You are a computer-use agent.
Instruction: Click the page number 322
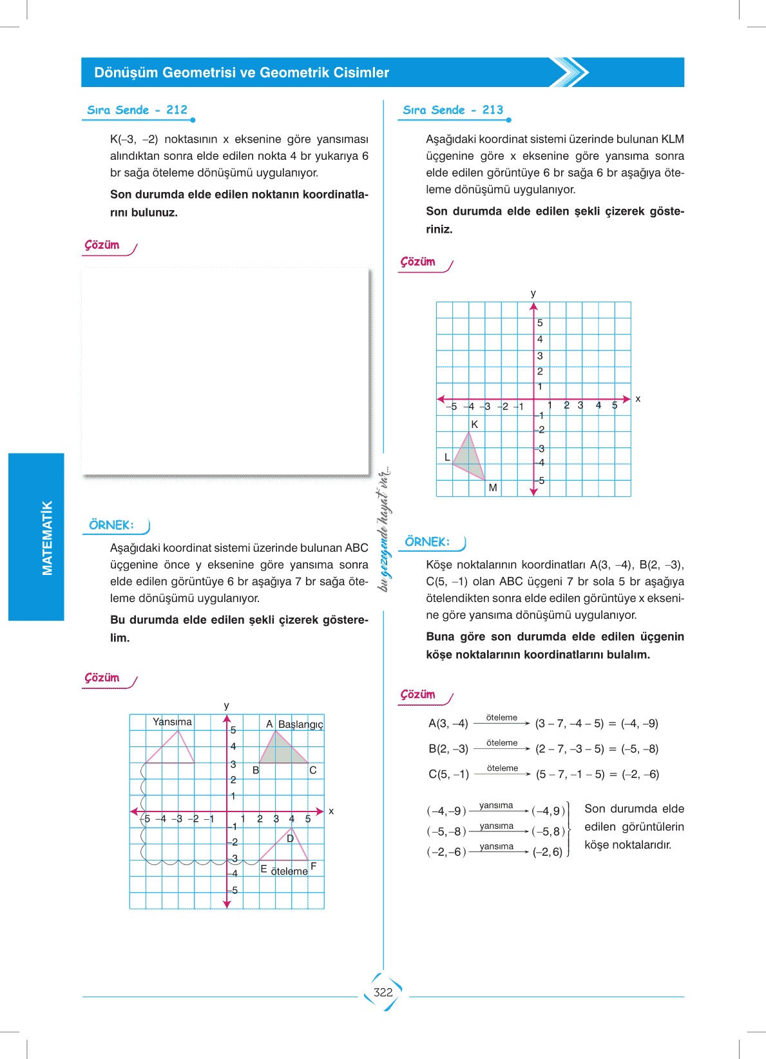[x=383, y=992]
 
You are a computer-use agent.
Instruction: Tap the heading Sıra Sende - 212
[x=137, y=110]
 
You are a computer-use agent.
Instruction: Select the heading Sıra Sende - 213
[x=453, y=110]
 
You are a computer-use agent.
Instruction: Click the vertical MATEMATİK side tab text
[x=47, y=538]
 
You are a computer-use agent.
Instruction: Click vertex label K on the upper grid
[x=475, y=424]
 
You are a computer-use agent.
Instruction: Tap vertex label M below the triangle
[x=493, y=488]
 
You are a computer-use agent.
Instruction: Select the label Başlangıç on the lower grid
[x=300, y=724]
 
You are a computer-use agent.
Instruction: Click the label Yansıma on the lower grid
[x=172, y=722]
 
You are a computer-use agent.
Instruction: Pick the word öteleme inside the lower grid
[x=289, y=871]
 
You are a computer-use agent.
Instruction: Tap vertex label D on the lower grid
[x=290, y=839]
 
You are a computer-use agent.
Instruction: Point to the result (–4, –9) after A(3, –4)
[x=640, y=723]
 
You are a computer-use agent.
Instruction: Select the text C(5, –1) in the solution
[x=448, y=774]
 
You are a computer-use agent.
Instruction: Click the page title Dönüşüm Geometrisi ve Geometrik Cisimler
[x=242, y=73]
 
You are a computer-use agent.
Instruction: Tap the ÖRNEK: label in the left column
[x=111, y=525]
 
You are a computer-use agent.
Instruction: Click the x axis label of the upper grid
[x=638, y=399]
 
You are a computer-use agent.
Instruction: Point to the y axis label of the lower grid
[x=226, y=706]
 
